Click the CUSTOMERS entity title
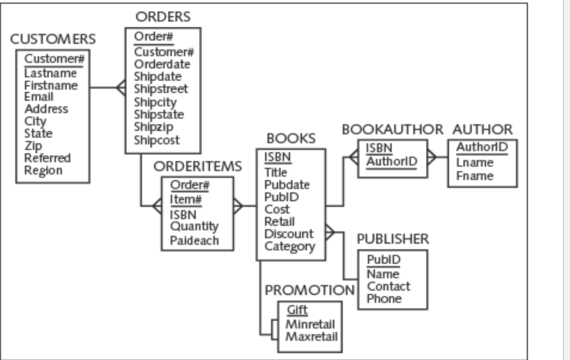53,40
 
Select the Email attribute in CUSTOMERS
38,97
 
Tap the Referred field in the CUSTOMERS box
47,158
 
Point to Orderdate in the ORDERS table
162,65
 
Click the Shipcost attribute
156,140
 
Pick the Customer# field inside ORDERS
164,52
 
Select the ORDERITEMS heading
198,166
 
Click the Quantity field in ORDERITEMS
194,226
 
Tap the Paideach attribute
194,241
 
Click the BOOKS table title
291,138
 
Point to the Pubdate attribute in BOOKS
287,185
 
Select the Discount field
289,234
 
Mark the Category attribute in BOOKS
289,246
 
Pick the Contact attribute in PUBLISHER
389,287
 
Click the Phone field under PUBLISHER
384,299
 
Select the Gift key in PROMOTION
297,310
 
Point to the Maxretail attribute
311,336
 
